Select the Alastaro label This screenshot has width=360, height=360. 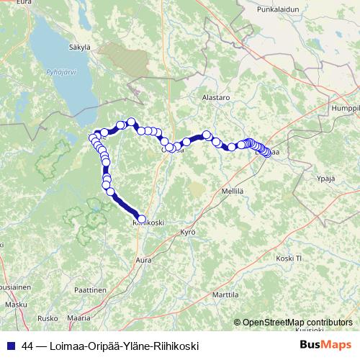pyautogui.click(x=215, y=96)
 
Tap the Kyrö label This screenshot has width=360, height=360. pyautogui.click(x=188, y=233)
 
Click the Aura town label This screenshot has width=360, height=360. pyautogui.click(x=144, y=257)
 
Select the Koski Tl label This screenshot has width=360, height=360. pyautogui.click(x=292, y=257)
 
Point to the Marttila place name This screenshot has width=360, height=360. pyautogui.click(x=225, y=295)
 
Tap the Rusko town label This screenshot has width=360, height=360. pyautogui.click(x=48, y=318)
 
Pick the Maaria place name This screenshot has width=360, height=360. pyautogui.click(x=78, y=317)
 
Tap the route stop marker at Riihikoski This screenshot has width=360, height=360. pyautogui.click(x=141, y=219)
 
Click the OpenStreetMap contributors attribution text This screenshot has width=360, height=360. pyautogui.click(x=297, y=322)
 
